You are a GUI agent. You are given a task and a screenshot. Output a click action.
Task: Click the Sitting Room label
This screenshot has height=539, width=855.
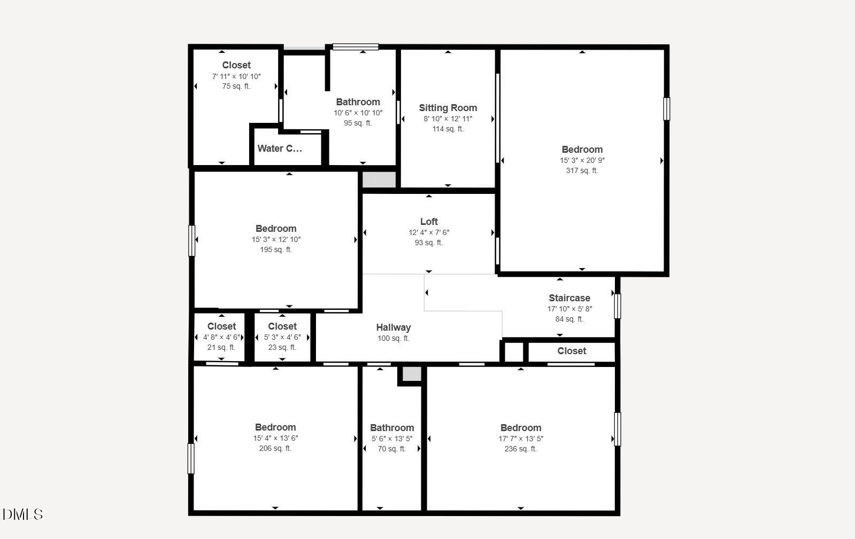(x=448, y=108)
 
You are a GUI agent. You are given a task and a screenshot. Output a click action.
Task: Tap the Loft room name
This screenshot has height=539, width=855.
(x=429, y=222)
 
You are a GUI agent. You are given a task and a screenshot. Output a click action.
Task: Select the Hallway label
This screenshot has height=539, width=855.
(x=393, y=327)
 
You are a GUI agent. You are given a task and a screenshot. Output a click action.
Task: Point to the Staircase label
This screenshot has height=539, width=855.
(x=569, y=298)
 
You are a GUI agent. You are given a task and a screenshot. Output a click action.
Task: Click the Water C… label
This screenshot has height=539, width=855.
(x=280, y=149)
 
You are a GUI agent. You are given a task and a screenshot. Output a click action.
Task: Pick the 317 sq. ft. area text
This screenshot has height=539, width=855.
(x=582, y=170)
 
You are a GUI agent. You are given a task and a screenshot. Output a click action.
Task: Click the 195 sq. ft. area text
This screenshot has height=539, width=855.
(x=275, y=249)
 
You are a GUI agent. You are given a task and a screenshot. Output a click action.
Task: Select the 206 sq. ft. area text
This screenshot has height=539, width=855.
(x=275, y=448)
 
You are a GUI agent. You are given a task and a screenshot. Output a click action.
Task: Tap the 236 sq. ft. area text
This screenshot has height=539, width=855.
(x=521, y=449)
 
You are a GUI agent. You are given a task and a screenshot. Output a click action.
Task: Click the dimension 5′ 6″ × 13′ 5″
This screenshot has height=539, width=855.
(x=391, y=439)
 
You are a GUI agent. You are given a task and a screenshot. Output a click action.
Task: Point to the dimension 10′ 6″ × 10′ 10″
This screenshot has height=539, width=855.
(x=358, y=113)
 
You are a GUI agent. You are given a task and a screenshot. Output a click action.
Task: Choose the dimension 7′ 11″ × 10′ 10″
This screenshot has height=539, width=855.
(x=236, y=76)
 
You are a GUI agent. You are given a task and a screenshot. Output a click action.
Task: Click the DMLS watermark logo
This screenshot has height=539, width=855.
(x=23, y=514)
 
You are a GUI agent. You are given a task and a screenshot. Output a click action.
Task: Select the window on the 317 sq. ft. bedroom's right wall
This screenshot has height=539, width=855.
(x=666, y=109)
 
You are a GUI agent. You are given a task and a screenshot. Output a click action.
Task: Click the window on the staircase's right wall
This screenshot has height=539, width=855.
(x=617, y=306)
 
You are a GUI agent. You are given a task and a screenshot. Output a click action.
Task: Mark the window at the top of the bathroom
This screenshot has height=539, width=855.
(x=356, y=47)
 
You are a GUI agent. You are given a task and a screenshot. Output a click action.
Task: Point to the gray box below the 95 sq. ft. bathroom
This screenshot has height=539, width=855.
(x=379, y=179)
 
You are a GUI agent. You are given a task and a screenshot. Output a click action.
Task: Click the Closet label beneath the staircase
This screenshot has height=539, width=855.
(x=572, y=351)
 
